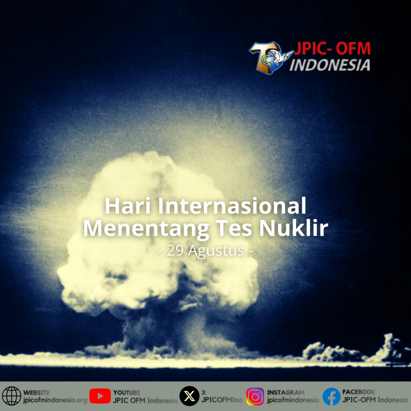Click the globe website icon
11,396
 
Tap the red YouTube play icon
100,396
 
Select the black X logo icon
189,396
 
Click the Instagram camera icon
255,396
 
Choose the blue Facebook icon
331,396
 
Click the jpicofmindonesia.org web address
55,400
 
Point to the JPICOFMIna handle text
222,400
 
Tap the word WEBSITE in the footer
36,393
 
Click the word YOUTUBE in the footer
126,393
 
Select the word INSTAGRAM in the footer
285,393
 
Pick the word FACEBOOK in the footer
358,392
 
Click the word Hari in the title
128,206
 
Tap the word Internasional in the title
232,206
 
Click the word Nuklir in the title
293,228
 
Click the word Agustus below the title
216,251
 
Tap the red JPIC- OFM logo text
332,48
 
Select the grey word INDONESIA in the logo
330,65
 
